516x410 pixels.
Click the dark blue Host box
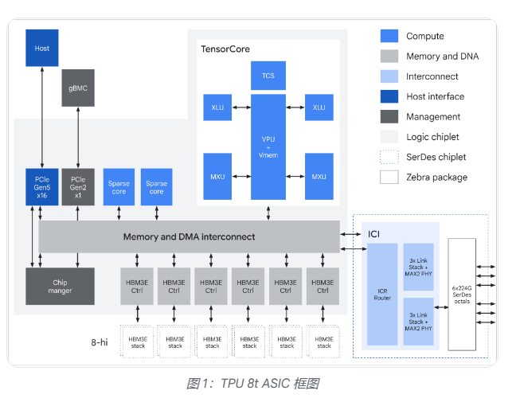coord(42,48)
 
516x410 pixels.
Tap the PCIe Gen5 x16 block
coord(42,187)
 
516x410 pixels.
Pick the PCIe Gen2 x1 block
coord(79,187)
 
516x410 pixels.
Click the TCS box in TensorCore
coord(268,76)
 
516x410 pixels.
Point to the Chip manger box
coord(60,286)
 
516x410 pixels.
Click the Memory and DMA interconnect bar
coord(189,237)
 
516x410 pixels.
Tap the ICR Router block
coord(381,294)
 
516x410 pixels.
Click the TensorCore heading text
coord(225,49)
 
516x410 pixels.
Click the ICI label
coord(374,234)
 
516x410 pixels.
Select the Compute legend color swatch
coord(389,36)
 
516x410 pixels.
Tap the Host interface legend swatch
coord(389,96)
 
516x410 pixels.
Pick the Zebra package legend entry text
coord(436,177)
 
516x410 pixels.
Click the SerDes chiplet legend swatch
coord(389,157)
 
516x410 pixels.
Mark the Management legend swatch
coord(389,116)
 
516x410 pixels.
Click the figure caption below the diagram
coord(252,384)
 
